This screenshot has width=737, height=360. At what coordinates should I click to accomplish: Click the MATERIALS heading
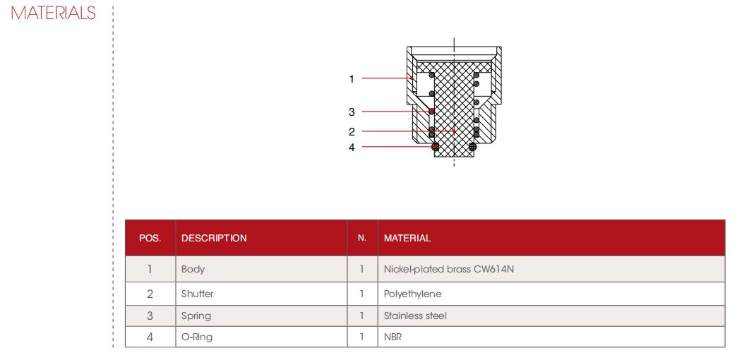[53, 13]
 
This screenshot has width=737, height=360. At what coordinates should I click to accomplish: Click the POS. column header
[150, 239]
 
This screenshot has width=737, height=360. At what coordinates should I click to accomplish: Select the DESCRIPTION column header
[214, 239]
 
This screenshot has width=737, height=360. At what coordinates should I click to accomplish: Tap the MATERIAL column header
[407, 239]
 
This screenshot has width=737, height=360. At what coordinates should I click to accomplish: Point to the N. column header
[362, 239]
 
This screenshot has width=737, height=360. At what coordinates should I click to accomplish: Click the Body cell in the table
[193, 270]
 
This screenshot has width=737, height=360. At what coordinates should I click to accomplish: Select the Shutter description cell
[198, 294]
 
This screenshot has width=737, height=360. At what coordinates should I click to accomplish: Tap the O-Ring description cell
[197, 337]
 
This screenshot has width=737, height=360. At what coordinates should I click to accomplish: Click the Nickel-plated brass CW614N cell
[448, 270]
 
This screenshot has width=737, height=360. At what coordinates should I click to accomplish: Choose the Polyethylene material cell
[413, 294]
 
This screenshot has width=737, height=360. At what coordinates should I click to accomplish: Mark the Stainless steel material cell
[415, 316]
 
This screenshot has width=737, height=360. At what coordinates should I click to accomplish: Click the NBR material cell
[393, 337]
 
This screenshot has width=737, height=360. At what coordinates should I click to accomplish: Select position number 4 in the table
[150, 337]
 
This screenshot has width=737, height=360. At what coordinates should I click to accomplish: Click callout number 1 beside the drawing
[352, 79]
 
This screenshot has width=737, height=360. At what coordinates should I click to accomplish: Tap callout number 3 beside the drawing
[352, 112]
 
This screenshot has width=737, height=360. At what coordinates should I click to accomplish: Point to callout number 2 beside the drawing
[352, 132]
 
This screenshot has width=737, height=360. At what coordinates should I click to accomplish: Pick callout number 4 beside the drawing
[352, 147]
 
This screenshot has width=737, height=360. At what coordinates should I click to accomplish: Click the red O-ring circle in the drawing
[436, 147]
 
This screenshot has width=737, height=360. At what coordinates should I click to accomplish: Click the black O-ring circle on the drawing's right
[473, 147]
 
